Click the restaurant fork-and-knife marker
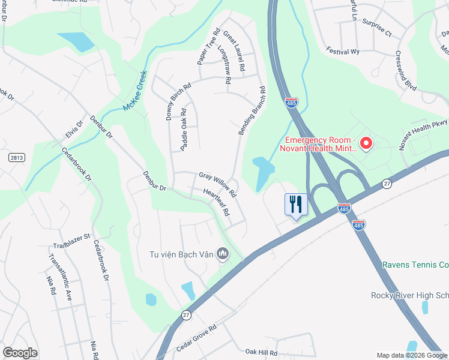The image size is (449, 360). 295,204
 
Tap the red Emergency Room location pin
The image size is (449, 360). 366,143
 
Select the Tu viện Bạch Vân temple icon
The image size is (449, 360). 223,254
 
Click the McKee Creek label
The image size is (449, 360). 135,91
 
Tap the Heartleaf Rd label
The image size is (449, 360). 217,203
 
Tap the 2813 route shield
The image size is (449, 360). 17,157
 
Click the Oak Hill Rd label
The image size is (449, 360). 261,353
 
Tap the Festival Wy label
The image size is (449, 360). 343,52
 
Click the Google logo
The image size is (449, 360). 20,352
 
